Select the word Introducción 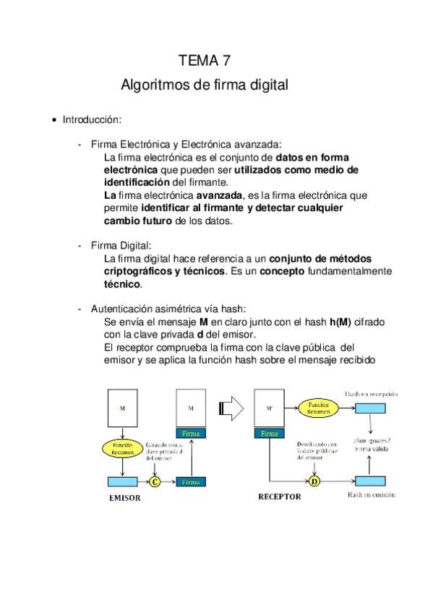tap(92, 119)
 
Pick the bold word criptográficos tap(137, 271)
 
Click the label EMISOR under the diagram tap(124, 498)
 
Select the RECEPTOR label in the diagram tap(279, 497)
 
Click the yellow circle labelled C tap(155, 481)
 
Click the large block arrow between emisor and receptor tap(233, 408)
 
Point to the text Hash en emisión tap(372, 495)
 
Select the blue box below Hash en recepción tap(372, 409)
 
